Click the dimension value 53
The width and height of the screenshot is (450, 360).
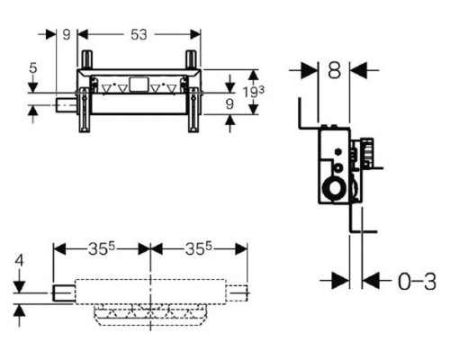(139, 34)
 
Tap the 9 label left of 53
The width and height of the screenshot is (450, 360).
(67, 34)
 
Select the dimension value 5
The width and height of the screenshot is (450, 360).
(33, 68)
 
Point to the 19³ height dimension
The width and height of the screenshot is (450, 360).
(254, 92)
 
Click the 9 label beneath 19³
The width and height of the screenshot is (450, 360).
(229, 103)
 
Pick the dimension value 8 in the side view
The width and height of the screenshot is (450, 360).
(334, 71)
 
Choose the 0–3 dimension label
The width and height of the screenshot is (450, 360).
(417, 282)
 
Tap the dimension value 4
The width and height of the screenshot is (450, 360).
(19, 260)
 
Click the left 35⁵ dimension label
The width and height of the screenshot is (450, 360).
(102, 248)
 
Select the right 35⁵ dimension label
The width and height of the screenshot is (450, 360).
(199, 248)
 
